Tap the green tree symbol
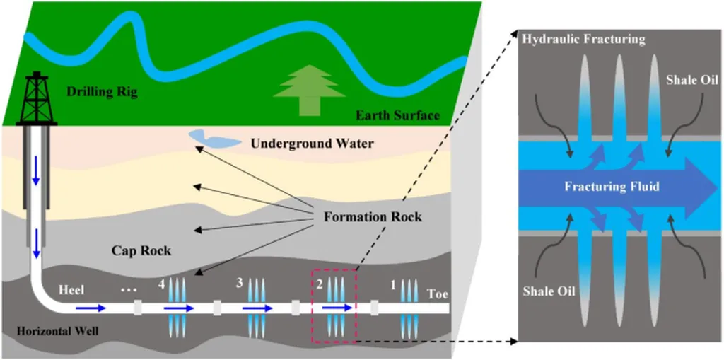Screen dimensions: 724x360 310,90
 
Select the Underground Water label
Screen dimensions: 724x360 312,144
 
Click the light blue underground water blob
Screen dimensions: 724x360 214,138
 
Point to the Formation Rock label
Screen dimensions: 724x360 373,216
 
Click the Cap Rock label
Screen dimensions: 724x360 141,251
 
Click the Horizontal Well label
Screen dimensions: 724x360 58,331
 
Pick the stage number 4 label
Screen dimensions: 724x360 161,285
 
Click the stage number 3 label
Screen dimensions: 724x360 239,284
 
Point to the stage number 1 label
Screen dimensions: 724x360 393,286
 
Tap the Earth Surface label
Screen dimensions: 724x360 397,115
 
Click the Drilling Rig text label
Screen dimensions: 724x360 102,92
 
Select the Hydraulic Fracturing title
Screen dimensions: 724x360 583,40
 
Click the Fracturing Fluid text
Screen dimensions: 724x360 612,187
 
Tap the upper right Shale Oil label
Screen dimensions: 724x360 687,79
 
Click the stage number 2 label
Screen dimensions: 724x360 319,284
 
